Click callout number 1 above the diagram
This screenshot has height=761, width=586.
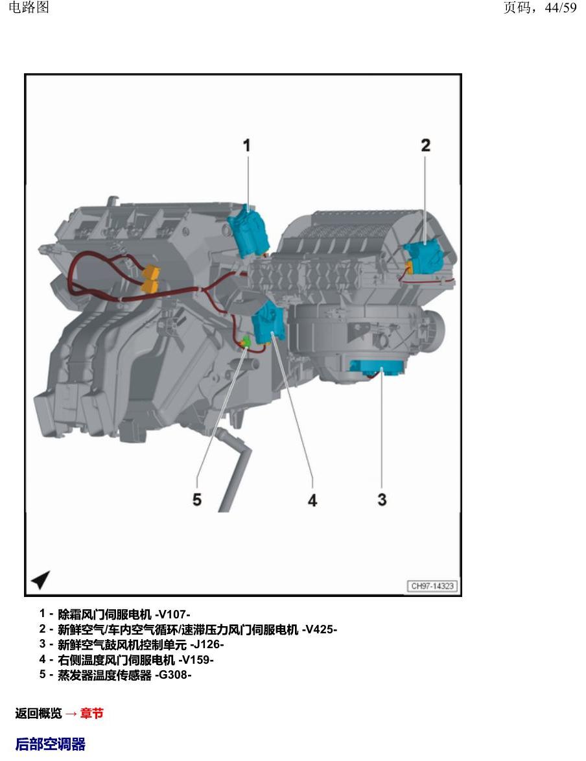(246, 146)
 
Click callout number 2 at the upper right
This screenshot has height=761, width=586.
(425, 145)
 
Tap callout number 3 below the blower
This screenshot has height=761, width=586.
(382, 499)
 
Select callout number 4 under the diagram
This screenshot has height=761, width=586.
(312, 500)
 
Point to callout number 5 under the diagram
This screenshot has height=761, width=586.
(196, 499)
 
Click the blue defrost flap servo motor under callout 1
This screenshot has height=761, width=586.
(248, 231)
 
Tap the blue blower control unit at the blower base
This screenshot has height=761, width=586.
(377, 368)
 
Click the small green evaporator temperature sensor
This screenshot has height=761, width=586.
(246, 341)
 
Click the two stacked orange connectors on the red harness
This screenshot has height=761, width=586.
(150, 279)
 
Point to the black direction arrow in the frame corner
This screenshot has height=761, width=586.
(41, 579)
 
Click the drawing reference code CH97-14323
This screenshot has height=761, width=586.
(432, 586)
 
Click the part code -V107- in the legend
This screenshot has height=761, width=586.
(172, 615)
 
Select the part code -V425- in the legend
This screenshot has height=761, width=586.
(320, 629)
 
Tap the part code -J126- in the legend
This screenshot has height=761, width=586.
(207, 644)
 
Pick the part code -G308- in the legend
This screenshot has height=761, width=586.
(173, 675)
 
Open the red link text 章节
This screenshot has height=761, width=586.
(92, 713)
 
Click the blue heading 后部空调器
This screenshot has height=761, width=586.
(51, 744)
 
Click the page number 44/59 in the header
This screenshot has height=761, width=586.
(561, 8)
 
